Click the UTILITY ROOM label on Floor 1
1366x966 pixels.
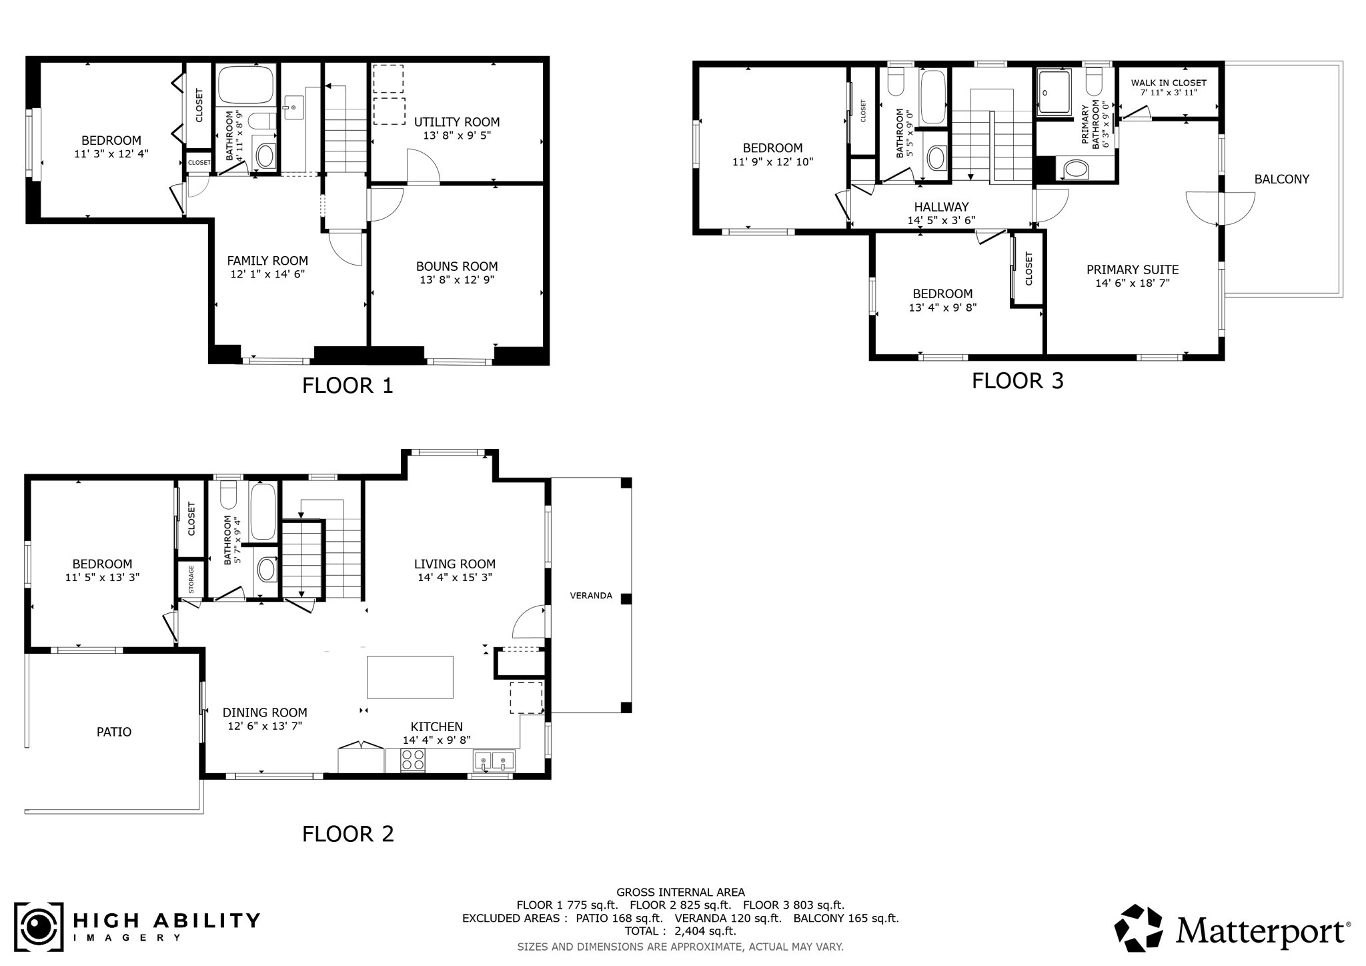(457, 122)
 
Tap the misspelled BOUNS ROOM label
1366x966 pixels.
(457, 266)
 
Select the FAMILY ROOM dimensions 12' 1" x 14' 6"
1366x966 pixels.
(267, 274)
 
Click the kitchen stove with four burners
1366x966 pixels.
(413, 760)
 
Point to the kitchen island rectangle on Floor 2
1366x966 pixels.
(410, 677)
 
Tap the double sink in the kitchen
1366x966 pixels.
(494, 760)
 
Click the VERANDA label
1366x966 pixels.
(591, 596)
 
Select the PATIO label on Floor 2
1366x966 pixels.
(114, 732)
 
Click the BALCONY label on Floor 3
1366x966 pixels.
(1281, 179)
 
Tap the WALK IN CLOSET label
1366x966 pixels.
(1169, 83)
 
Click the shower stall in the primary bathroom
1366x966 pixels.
(1054, 93)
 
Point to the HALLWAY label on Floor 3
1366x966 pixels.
(941, 207)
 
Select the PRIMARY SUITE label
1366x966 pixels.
(1133, 270)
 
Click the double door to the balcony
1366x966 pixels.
(1221, 208)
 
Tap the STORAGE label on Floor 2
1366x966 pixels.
(191, 580)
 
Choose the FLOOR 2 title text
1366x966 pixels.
(348, 834)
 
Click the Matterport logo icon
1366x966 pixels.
(1140, 928)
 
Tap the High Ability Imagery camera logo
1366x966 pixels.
(39, 927)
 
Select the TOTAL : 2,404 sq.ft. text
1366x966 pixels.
(680, 931)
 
